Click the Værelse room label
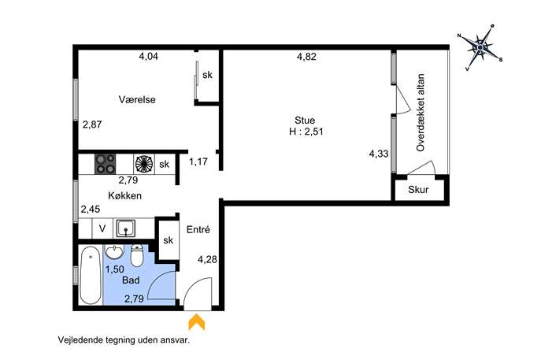(137, 99)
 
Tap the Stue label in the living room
(305, 120)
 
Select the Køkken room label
(125, 195)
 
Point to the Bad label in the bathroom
(131, 280)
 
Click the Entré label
(198, 229)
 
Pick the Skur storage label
(418, 190)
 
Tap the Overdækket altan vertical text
(421, 113)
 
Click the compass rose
(480, 47)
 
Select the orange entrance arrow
(197, 321)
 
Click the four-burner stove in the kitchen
(106, 164)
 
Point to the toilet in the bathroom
(137, 256)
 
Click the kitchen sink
(125, 228)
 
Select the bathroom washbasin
(114, 251)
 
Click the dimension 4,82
(306, 57)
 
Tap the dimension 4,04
(148, 56)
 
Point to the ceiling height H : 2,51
(306, 132)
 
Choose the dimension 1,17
(198, 161)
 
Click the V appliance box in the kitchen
(102, 228)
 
